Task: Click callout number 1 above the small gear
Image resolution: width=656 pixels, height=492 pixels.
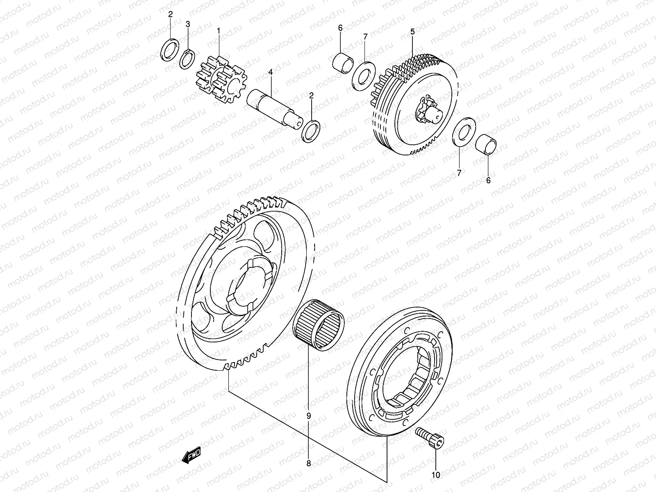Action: coord(219,30)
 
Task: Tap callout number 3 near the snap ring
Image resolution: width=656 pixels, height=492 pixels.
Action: coord(188,24)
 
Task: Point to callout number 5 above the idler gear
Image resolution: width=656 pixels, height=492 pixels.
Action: coord(412,31)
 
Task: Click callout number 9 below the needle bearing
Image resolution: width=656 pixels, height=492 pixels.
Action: coord(308,415)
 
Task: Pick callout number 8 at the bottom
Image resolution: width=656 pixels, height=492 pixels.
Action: coord(308,464)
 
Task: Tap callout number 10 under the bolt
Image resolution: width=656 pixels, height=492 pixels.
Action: coord(435,475)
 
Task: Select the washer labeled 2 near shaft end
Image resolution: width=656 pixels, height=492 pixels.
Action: coord(311,131)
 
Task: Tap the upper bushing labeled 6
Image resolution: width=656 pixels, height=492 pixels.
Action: coord(344,62)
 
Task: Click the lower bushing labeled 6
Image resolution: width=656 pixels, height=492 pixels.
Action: coord(486,145)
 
